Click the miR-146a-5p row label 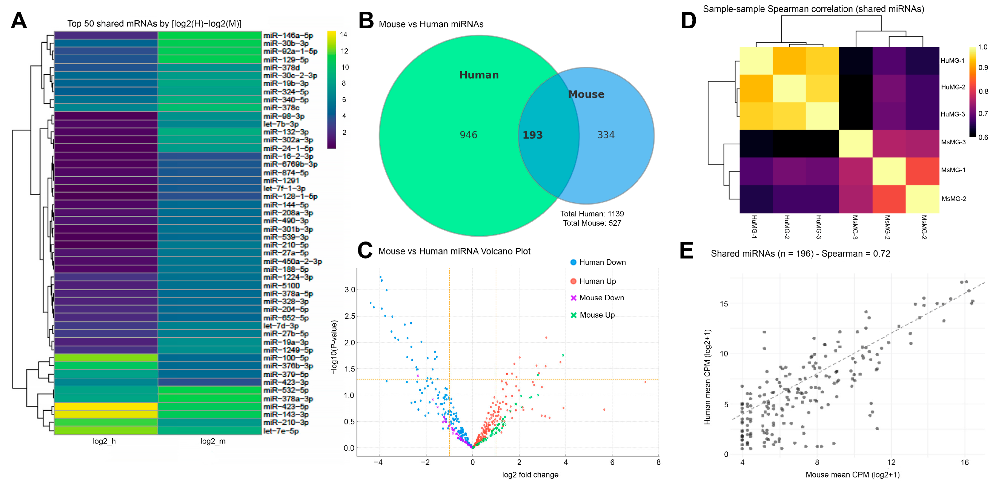tap(288, 36)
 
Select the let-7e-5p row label tap(281, 431)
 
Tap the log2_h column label tap(104, 441)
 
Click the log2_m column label tap(213, 441)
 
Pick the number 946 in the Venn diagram tap(468, 135)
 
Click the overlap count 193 tap(532, 135)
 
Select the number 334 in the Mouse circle tap(606, 135)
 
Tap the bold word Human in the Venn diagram tap(479, 75)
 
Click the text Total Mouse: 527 tap(592, 223)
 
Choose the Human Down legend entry tap(602, 262)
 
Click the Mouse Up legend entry tap(597, 315)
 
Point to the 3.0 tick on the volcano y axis tap(349, 290)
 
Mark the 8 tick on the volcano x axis tap(658, 462)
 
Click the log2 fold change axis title tap(530, 475)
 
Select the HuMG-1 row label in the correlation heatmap tap(953, 61)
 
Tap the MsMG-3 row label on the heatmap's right tap(953, 142)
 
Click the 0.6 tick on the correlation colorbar tap(983, 137)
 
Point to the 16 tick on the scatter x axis tap(965, 463)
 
